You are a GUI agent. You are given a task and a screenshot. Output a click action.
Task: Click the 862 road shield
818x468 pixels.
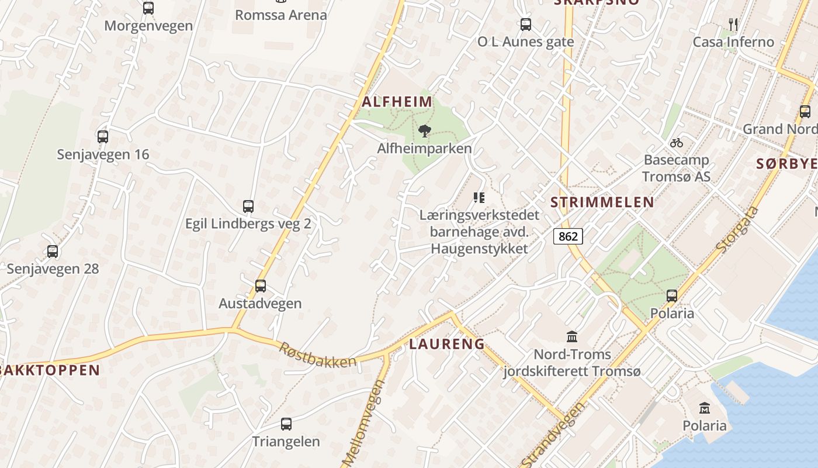pos(568,236)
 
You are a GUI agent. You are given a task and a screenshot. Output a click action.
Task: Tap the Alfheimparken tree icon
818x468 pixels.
pos(425,130)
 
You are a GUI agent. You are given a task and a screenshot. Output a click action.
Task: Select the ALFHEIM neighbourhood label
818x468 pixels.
pos(397,102)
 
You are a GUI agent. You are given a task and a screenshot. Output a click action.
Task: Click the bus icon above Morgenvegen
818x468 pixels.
pos(148,8)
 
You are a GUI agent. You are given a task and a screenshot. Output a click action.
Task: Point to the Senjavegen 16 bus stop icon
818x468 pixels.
pos(103,137)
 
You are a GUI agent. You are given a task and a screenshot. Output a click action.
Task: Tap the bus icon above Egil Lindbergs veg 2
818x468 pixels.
pos(248,207)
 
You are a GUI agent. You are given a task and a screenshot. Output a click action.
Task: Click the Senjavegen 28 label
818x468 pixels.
pos(53,269)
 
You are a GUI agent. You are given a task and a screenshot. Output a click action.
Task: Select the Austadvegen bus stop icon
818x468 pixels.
pos(261,285)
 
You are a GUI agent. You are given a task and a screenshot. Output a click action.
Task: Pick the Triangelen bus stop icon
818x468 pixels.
pos(286,424)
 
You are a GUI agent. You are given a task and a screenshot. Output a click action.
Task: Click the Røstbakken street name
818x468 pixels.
pos(317,355)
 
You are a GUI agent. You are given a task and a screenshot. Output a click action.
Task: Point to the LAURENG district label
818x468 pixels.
pos(447,344)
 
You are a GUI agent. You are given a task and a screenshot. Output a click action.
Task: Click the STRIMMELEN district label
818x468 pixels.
pos(602,202)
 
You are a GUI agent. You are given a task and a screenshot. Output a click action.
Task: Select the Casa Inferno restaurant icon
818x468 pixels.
pos(733,25)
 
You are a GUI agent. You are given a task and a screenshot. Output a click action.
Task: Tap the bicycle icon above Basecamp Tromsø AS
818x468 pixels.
pos(677,142)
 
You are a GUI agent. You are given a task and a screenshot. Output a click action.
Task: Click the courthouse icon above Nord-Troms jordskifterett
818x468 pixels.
pos(572,337)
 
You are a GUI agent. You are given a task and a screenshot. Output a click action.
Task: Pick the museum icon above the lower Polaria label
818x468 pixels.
pos(705,408)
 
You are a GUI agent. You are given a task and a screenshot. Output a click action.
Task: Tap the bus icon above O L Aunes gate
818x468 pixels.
pos(526,25)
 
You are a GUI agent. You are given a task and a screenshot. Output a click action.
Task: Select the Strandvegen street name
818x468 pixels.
pos(552,435)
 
